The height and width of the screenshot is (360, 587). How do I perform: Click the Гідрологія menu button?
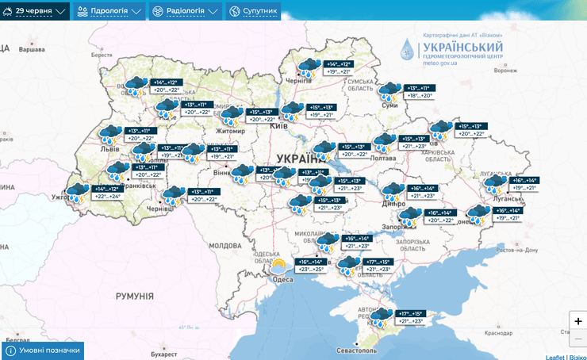coord(109,12)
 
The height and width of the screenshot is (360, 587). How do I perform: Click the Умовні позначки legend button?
coord(43,350)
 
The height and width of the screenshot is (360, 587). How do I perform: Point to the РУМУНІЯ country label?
coord(134,295)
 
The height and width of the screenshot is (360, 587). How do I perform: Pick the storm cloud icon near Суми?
coord(389,91)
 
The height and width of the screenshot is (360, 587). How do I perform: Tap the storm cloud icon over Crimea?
coord(380,317)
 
